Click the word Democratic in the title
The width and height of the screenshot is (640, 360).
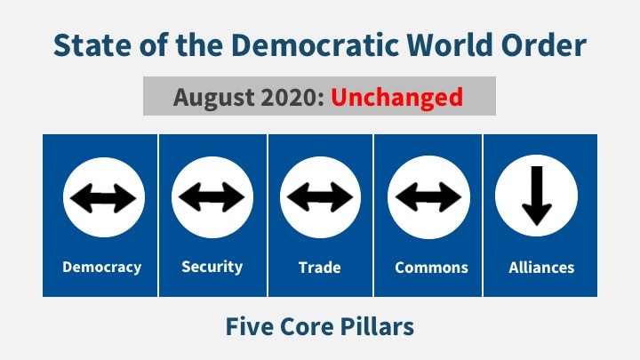click(315, 44)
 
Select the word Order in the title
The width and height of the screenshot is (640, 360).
click(544, 44)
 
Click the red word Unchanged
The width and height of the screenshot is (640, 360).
click(396, 98)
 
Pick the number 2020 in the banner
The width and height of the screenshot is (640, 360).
click(292, 97)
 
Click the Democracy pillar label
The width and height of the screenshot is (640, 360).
click(101, 268)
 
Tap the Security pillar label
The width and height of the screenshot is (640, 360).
click(212, 267)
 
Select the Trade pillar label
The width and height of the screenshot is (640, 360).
click(320, 268)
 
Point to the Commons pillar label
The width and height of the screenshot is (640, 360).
click(431, 268)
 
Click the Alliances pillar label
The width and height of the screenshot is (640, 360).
click(541, 268)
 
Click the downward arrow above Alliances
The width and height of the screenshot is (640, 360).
click(537, 196)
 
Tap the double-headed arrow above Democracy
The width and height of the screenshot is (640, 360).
click(103, 198)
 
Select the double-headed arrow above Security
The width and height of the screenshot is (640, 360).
click(212, 197)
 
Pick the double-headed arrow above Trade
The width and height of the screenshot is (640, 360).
click(320, 197)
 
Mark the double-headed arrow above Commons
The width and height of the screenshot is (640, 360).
click(428, 197)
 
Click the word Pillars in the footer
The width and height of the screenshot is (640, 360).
click(377, 326)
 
